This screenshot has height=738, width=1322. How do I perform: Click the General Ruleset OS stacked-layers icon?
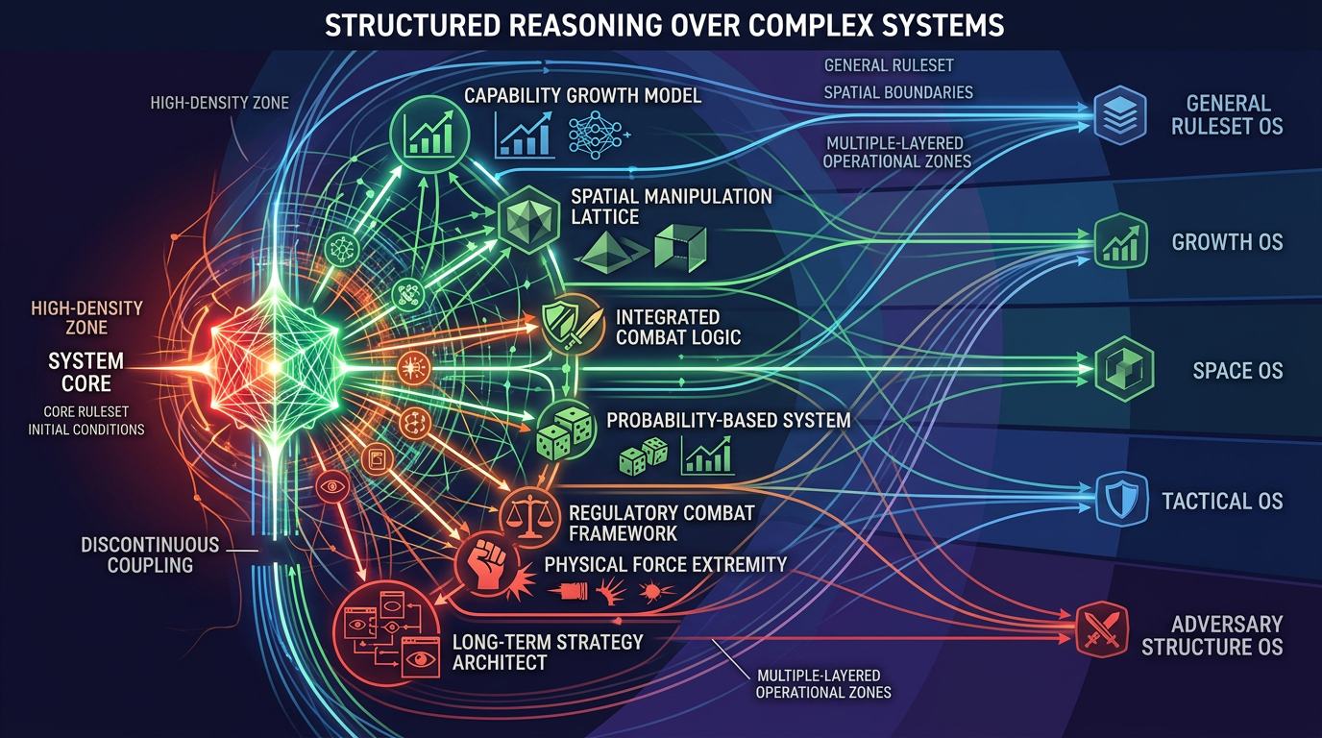click(1119, 115)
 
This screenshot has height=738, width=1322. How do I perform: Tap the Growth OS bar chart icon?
click(1121, 241)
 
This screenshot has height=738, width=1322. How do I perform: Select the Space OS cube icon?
click(1124, 369)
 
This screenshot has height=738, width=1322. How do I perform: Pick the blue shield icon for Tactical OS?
click(1121, 499)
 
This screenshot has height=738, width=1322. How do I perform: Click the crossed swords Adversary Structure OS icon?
click(1102, 629)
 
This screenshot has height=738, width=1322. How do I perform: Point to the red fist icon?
click(487, 564)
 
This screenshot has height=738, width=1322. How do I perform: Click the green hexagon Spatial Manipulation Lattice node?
click(528, 219)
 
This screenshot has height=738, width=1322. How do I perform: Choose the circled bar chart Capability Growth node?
click(429, 135)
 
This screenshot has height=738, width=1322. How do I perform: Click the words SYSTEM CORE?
click(86, 372)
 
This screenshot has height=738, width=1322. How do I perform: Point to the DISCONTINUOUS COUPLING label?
click(150, 554)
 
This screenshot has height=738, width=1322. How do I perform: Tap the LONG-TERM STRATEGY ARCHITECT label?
click(548, 652)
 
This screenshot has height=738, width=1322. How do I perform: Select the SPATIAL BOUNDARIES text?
click(898, 92)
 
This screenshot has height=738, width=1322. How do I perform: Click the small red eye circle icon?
click(332, 486)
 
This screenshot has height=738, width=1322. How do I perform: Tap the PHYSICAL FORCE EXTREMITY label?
click(665, 564)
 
